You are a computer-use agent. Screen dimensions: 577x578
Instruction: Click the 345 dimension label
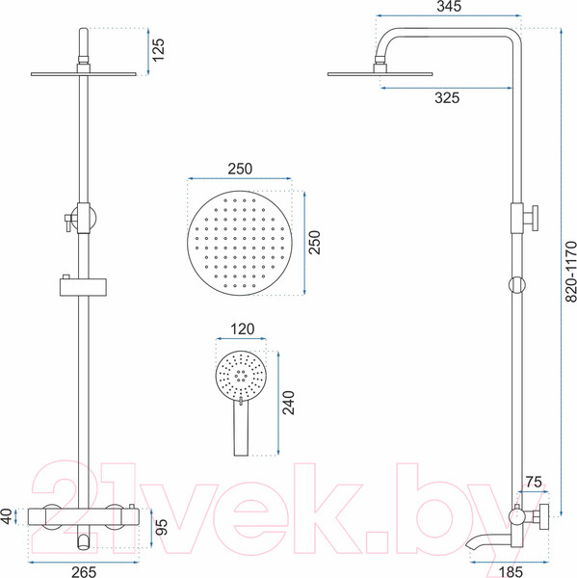point(449,7)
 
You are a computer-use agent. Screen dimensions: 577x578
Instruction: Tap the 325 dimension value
point(447,97)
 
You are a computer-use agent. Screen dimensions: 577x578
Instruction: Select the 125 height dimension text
point(158,50)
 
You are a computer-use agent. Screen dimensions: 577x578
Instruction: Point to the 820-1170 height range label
point(570,272)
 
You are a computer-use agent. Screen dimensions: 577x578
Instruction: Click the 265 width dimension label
point(84,571)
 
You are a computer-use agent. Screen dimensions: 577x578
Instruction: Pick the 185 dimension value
point(511,571)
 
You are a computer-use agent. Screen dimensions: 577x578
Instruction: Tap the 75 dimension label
point(534,482)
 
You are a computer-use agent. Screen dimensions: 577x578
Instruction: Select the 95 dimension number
point(162,527)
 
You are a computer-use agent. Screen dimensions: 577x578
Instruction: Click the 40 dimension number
point(7,516)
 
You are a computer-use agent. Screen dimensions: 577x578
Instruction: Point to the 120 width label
point(242,328)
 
